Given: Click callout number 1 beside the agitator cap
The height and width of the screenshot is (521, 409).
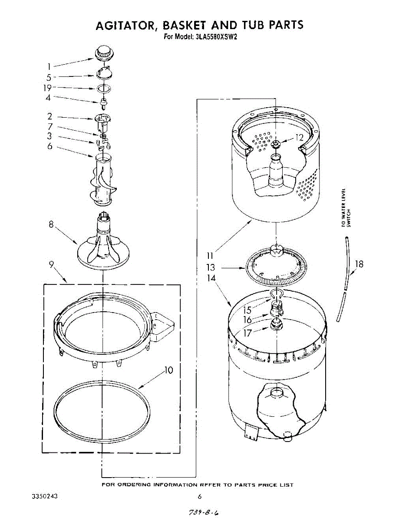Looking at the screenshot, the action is point(49,66).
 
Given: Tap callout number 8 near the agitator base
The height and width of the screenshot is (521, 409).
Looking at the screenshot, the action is point(51,225).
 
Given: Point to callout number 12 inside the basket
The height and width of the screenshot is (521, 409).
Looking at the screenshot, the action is point(299,138).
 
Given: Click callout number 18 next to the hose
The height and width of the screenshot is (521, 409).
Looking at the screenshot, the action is point(359,264).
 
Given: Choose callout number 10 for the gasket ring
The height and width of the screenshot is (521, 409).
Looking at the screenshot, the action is point(168,370).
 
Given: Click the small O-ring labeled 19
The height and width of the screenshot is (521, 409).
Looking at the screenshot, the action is point(103,89).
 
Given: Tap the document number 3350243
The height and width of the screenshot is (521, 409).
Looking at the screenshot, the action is point(45,496).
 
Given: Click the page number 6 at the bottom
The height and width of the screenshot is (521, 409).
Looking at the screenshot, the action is point(200,497).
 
